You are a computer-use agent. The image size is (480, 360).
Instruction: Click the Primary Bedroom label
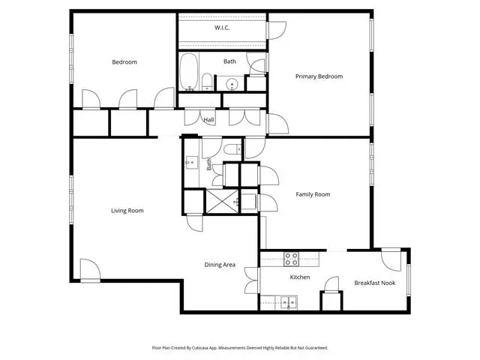coord(319,76)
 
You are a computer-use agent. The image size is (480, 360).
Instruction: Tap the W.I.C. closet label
coord(222,28)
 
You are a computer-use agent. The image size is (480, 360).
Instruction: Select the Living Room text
coord(127,211)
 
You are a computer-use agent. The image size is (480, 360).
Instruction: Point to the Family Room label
coord(313,194)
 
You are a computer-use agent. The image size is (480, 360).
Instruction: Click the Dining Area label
coord(220,265)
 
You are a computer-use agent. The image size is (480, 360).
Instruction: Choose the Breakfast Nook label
coord(375,283)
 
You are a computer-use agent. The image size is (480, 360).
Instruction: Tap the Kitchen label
coord(300,277)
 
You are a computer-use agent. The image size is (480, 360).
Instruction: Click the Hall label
coord(208,120)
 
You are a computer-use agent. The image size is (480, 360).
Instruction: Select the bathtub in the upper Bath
coord(188,72)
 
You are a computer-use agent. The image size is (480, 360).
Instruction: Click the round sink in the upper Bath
coord(232,83)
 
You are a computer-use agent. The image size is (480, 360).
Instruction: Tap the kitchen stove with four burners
coord(291,259)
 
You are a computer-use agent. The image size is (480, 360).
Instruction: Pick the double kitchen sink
coord(289,303)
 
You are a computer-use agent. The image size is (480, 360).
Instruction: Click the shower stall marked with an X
coord(222,201)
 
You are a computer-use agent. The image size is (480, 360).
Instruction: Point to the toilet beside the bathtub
coord(207,82)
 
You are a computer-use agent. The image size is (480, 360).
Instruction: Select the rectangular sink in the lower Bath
coord(192,162)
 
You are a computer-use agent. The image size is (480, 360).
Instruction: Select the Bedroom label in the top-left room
coord(124,62)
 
